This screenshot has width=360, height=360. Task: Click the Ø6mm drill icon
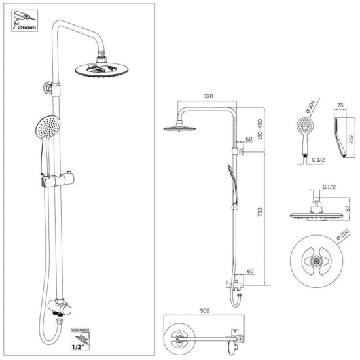(25, 21)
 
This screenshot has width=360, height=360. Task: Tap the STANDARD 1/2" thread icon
(80, 339)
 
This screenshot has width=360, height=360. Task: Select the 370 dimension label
(208, 96)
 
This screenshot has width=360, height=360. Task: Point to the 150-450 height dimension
(260, 129)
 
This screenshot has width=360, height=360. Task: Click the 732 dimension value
(260, 211)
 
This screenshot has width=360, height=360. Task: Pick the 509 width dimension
(205, 311)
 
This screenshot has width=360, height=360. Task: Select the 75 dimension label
(340, 105)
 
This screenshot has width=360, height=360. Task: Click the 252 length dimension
(351, 139)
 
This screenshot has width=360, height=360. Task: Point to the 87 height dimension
(348, 208)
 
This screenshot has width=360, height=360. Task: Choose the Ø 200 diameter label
(343, 234)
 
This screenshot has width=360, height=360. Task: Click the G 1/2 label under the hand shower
(318, 160)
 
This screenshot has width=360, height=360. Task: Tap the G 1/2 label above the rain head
(329, 187)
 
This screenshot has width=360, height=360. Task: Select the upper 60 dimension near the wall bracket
(249, 139)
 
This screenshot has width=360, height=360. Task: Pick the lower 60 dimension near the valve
(250, 271)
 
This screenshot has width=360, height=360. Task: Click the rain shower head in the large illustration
(101, 69)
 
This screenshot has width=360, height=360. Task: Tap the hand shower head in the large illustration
(48, 126)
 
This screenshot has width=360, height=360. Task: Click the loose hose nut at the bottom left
(60, 321)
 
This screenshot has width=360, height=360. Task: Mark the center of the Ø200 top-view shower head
(316, 261)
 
